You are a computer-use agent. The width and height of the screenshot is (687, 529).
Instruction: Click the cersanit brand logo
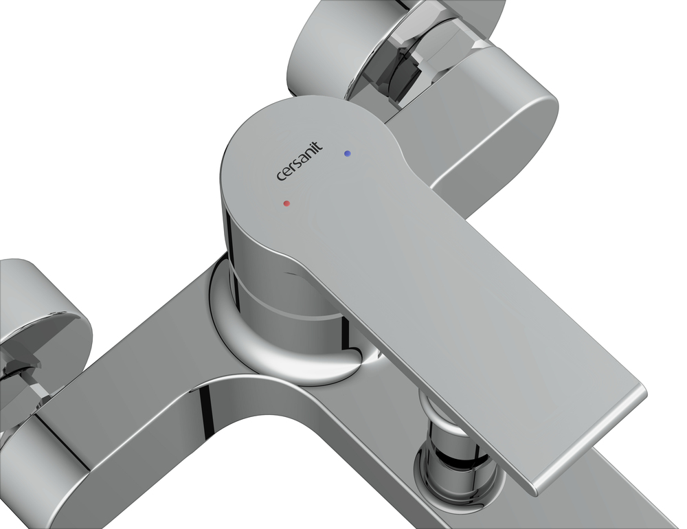(x=300, y=160)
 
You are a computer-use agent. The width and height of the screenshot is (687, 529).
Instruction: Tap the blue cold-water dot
(x=348, y=153)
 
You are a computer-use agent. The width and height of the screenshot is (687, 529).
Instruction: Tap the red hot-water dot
(x=286, y=203)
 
